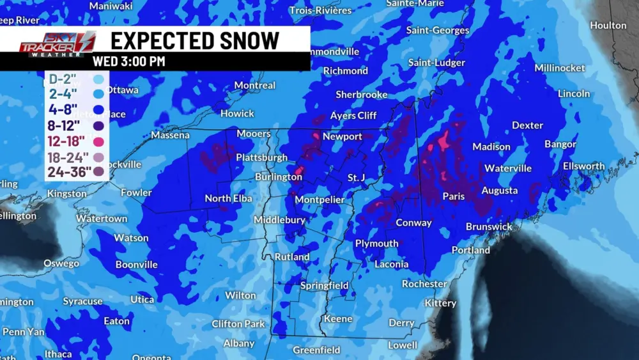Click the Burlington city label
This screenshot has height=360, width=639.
pyautogui.click(x=279, y=176)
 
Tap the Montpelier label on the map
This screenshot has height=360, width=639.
pyautogui.click(x=319, y=200)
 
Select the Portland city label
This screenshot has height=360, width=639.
pyautogui.click(x=471, y=250)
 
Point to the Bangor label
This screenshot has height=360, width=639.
pyautogui.click(x=560, y=145)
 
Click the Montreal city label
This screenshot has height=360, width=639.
pyautogui.click(x=255, y=85)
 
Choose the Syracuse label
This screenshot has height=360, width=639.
pyautogui.click(x=82, y=301)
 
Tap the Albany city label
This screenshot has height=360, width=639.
pyautogui.click(x=239, y=343)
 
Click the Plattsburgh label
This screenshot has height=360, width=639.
pyautogui.click(x=262, y=157)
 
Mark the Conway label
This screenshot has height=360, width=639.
pyautogui.click(x=414, y=223)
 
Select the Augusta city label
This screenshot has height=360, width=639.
pyautogui.click(x=500, y=191)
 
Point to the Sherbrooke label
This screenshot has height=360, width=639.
pyautogui.click(x=362, y=95)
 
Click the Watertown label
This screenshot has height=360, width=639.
pyautogui.click(x=102, y=219)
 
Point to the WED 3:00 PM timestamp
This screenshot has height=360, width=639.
pyautogui.click(x=128, y=61)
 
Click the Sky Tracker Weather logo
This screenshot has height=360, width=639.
pyautogui.click(x=58, y=45)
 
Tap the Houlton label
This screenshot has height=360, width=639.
pyautogui.click(x=608, y=26)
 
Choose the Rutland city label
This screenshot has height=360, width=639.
pyautogui.click(x=292, y=257)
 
